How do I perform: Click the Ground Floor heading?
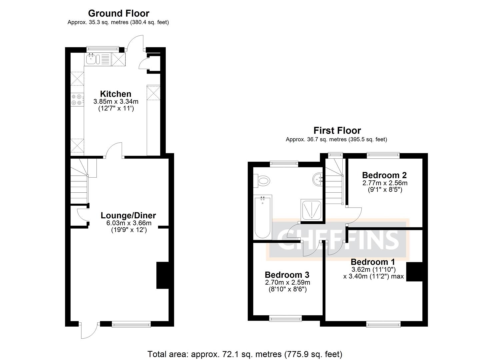click(118, 13)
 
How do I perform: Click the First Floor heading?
click(337, 130)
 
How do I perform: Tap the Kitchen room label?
click(116, 94)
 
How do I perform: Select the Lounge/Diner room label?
click(128, 215)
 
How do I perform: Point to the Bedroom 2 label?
click(384, 175)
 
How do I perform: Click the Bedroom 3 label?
click(287, 275)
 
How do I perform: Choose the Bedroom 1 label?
click(373, 262)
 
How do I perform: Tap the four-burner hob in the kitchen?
click(77, 99)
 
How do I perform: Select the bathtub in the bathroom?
click(262, 217)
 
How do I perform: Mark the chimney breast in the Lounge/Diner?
click(163, 275)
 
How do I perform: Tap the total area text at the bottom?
click(245, 354)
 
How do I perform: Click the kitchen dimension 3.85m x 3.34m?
click(116, 101)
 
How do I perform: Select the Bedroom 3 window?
click(285, 319)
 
